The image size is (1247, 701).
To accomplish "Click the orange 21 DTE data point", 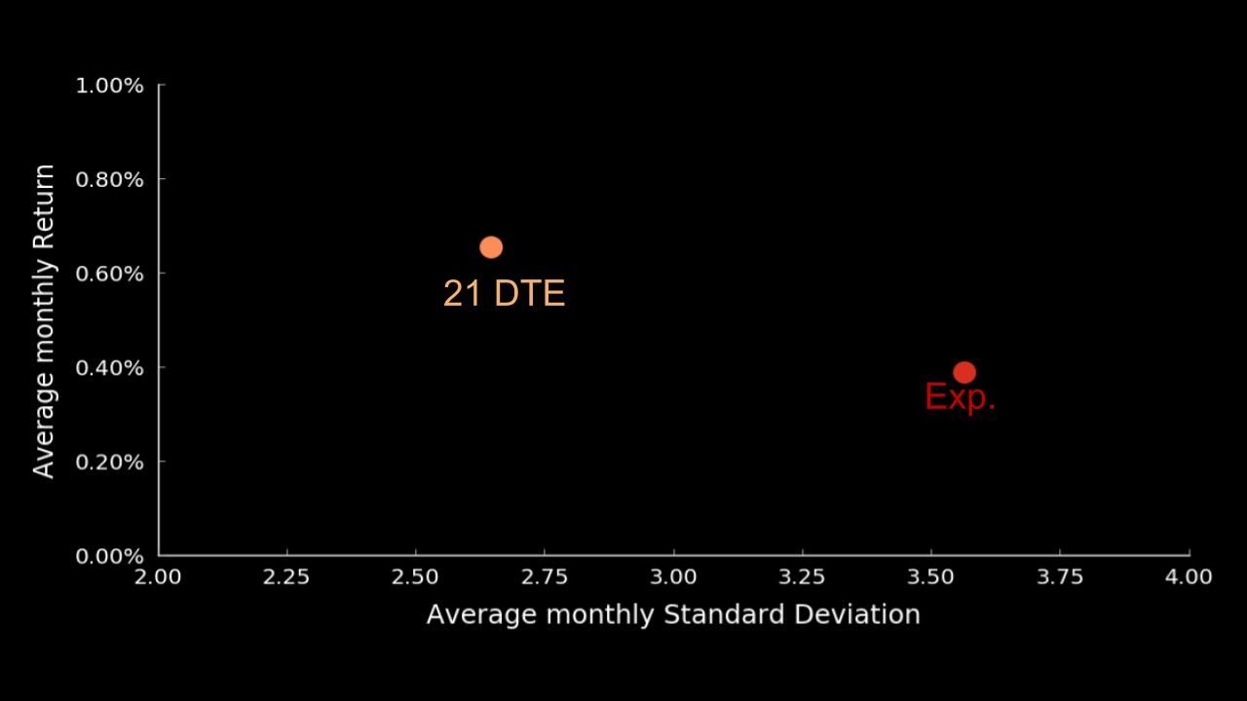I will pyautogui.click(x=491, y=247).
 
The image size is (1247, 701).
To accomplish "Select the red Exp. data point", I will pyautogui.click(x=964, y=372).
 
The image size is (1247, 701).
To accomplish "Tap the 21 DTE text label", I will pyautogui.click(x=504, y=293).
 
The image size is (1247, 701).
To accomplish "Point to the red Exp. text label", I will pyautogui.click(x=960, y=397).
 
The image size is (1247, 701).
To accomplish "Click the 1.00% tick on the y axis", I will pyautogui.click(x=109, y=86).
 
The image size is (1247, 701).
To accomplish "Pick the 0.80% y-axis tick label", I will pyautogui.click(x=109, y=180).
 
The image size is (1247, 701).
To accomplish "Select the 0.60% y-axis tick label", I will pyautogui.click(x=109, y=274).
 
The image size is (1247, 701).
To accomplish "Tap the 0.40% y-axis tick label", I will pyautogui.click(x=109, y=368).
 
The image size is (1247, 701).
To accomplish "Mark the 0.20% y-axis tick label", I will pyautogui.click(x=109, y=461).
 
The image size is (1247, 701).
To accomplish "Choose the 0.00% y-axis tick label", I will pyautogui.click(x=109, y=556).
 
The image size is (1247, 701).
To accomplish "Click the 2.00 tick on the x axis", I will pyautogui.click(x=158, y=576).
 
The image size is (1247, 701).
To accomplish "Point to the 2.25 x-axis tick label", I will pyautogui.click(x=286, y=576).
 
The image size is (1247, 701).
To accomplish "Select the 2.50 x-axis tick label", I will pyautogui.click(x=415, y=576).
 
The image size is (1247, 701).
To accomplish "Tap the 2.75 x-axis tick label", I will pyautogui.click(x=545, y=576).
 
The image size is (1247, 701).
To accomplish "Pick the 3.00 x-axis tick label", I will pyautogui.click(x=673, y=576).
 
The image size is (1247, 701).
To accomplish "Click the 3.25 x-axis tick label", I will pyautogui.click(x=802, y=576).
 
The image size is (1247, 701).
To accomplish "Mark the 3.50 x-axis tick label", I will pyautogui.click(x=931, y=576).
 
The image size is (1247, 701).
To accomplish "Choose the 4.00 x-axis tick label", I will pyautogui.click(x=1189, y=576).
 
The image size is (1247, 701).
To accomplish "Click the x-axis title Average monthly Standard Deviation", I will pyautogui.click(x=673, y=614).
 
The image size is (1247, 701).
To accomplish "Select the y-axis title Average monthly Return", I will pyautogui.click(x=44, y=321).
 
